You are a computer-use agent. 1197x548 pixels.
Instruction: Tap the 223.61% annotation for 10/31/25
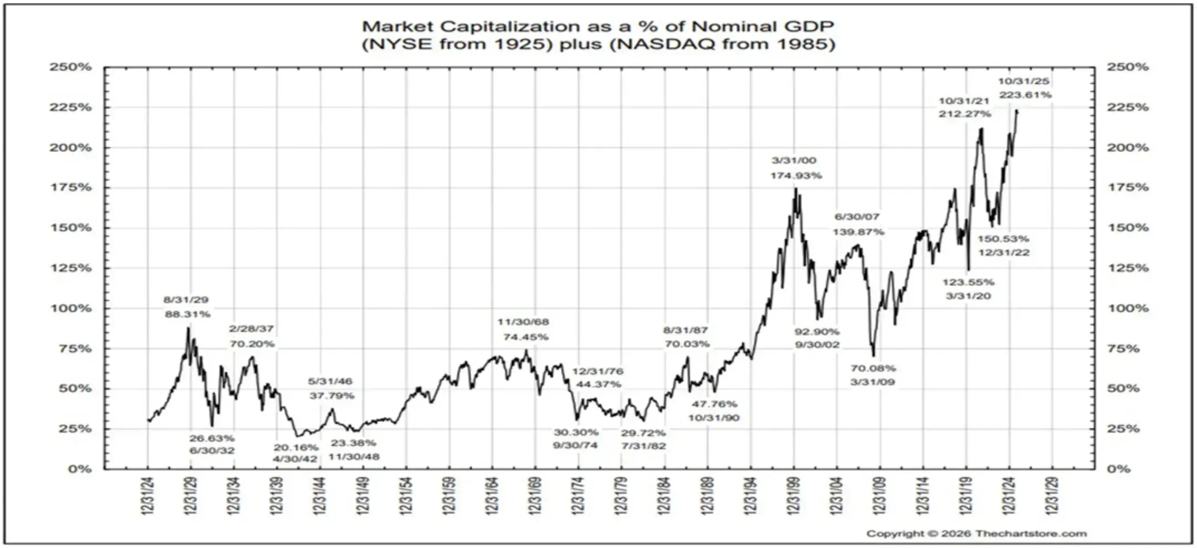1025,95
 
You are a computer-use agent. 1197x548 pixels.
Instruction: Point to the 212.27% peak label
964,114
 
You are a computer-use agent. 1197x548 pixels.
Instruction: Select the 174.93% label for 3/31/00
796,176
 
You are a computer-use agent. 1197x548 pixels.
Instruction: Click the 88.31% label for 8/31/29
187,314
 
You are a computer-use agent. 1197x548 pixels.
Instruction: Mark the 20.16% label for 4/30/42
295,447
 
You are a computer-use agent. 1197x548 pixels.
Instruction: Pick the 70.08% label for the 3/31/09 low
873,368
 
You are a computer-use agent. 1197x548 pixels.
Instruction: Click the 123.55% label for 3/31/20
968,282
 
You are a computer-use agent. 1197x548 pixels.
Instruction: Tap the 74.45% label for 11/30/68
525,337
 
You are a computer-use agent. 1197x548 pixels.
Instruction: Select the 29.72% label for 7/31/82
643,433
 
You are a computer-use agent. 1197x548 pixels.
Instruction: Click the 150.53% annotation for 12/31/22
1003,239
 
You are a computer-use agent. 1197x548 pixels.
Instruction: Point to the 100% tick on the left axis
71,308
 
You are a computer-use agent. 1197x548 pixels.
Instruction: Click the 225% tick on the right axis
1128,107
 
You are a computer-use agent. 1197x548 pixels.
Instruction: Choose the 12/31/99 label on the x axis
794,495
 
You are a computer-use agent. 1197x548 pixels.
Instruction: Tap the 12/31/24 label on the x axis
147,495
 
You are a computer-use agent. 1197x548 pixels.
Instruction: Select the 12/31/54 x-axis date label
406,495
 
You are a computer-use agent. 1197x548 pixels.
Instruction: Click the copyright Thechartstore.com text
976,534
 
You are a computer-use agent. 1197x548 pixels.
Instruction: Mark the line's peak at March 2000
796,188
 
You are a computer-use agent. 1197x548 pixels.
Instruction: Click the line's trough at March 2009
873,356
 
